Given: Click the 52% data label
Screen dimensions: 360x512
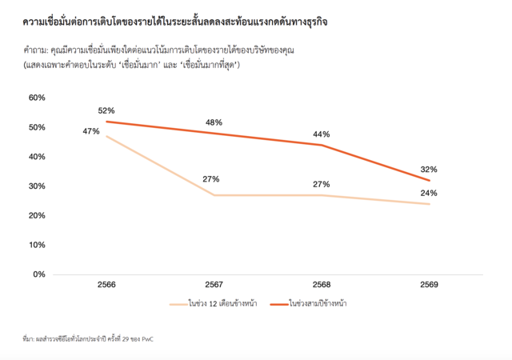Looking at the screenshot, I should (106, 110).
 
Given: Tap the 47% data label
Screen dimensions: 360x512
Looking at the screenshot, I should (90, 130).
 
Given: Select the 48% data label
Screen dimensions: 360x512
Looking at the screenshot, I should (213, 122).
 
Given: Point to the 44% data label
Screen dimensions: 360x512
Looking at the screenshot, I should (322, 134).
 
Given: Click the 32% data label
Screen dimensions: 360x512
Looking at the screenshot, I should (429, 170).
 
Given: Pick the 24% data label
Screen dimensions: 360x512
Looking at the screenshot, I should (429, 193).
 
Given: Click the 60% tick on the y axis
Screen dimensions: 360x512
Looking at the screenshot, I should (38, 98).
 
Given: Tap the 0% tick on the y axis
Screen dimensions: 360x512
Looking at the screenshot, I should (40, 274).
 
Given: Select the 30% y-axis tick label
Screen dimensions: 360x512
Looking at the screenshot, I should (38, 186).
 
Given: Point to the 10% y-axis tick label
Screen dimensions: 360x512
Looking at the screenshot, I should (38, 245).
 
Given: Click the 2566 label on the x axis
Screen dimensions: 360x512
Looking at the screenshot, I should (106, 285).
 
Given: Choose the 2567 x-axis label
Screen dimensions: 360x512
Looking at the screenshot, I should (214, 285).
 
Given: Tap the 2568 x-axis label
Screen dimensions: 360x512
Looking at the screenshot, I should (322, 285).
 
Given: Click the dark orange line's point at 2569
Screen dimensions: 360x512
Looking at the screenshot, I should (430, 180).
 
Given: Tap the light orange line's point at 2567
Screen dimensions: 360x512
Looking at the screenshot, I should (214, 195).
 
